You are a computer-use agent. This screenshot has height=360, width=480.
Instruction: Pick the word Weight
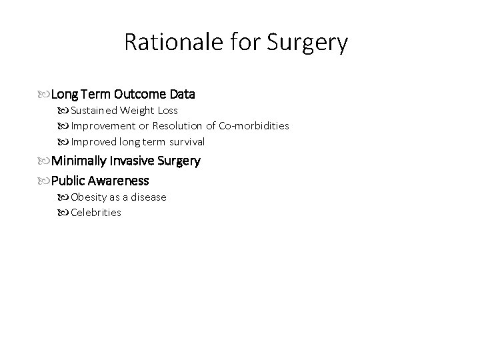(138, 110)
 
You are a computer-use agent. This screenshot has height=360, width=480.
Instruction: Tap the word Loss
(167, 110)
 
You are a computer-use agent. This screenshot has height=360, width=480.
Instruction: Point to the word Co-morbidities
(254, 126)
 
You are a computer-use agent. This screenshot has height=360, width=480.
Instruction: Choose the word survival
(186, 141)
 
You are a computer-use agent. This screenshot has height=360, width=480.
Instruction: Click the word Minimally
(81, 161)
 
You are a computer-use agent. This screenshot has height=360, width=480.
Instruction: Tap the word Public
(68, 181)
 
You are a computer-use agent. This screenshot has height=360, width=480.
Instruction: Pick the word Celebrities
(96, 213)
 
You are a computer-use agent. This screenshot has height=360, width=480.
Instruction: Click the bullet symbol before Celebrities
(65, 213)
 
